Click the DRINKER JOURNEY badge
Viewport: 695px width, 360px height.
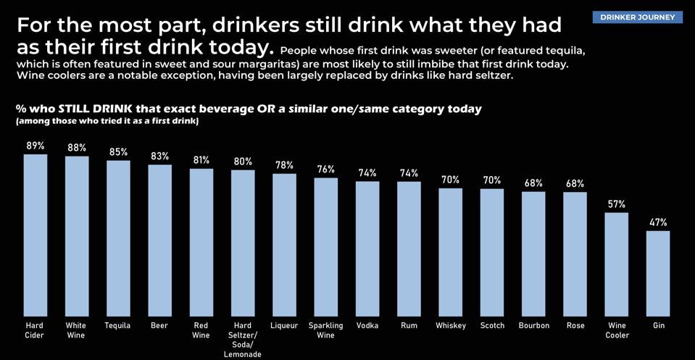tap(637, 17)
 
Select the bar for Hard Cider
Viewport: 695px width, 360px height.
tap(35, 235)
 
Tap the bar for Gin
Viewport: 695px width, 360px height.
tap(658, 273)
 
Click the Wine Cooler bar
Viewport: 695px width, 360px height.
tap(617, 264)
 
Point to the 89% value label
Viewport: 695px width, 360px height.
tap(35, 146)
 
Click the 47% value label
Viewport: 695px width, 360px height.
tap(658, 222)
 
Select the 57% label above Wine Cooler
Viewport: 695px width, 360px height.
tap(617, 204)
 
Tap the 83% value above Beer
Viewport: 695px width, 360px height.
tap(159, 156)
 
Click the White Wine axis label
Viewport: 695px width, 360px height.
tap(76, 330)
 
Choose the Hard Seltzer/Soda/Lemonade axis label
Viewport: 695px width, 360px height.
tap(243, 340)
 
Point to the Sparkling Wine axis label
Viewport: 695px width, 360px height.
tap(325, 330)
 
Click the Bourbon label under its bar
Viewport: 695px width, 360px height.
tap(534, 326)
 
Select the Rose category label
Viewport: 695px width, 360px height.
tap(575, 326)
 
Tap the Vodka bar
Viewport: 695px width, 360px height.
tap(367, 248)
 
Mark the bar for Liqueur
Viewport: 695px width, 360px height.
tap(284, 244)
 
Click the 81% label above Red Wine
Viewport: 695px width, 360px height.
tap(201, 160)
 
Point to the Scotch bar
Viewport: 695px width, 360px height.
tap(492, 251)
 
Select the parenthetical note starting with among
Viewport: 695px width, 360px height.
tap(107, 121)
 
